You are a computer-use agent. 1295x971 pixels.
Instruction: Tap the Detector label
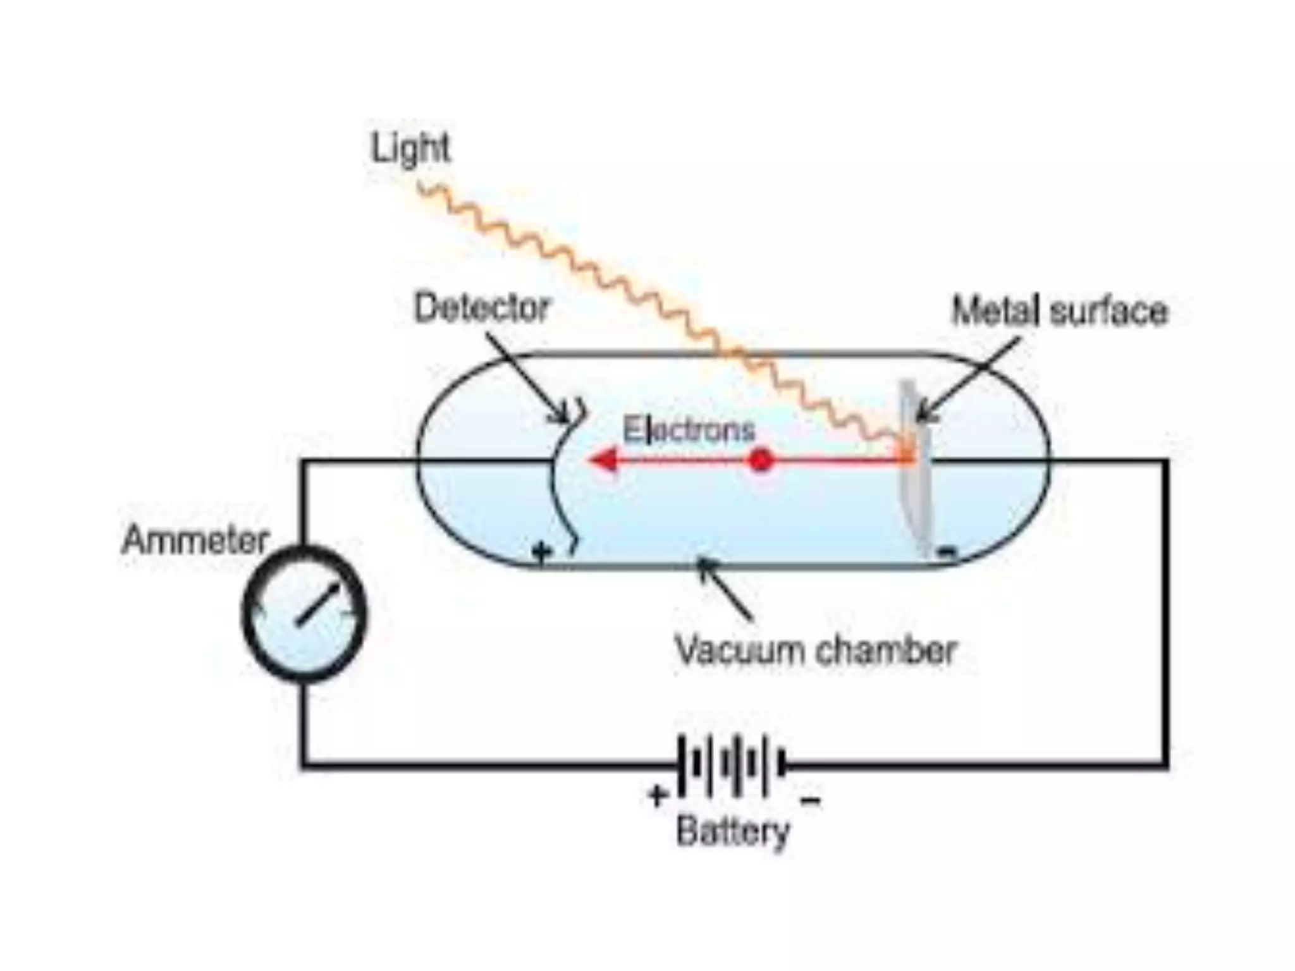(x=482, y=308)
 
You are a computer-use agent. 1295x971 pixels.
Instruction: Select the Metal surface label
(x=1060, y=312)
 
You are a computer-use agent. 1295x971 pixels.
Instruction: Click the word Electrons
(x=689, y=430)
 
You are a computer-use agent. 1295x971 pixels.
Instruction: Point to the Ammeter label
(x=195, y=541)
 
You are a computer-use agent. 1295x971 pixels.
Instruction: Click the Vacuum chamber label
(x=816, y=650)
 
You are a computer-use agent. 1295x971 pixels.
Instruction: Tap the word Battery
(x=733, y=831)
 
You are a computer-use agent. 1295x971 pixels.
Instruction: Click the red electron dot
(x=761, y=460)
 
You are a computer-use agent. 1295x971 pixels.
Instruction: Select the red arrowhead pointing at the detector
(x=603, y=460)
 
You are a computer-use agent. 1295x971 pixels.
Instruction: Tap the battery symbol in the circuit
(x=732, y=766)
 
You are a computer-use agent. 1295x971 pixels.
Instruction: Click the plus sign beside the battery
(x=658, y=795)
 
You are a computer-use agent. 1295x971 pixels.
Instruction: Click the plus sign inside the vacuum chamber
(x=541, y=552)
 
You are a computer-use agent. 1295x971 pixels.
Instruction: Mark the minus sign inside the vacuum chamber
(x=947, y=553)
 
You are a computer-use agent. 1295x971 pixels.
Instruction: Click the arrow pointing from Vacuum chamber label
(x=724, y=589)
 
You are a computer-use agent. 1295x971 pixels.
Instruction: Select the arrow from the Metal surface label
(x=967, y=379)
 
